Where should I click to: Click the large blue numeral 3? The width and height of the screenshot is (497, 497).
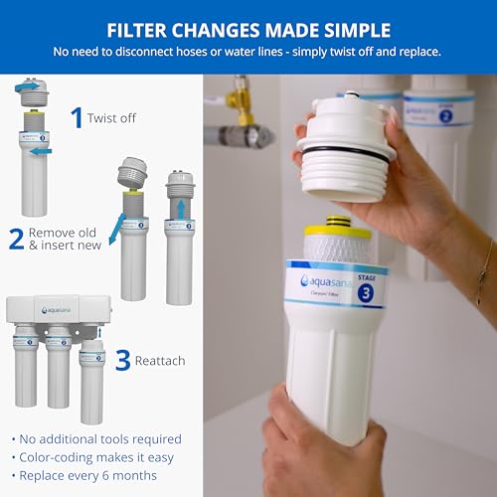coord(122,359)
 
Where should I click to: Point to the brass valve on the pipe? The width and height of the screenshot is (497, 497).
coord(239,102)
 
